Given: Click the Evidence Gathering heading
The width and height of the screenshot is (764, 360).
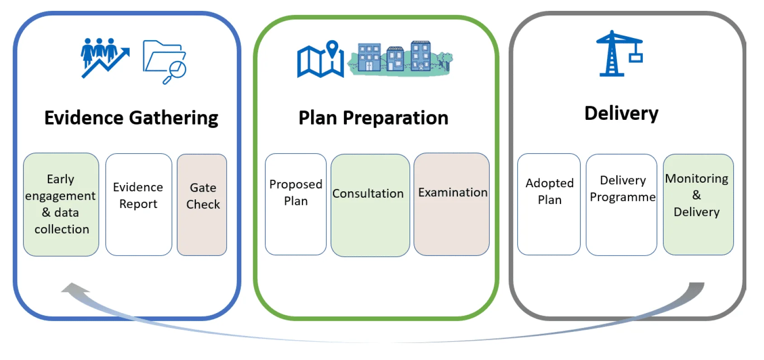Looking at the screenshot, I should (131, 118).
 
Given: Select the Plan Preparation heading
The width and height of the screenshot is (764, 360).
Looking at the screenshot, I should (373, 118).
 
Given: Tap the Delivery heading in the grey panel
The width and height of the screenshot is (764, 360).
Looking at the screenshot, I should (621, 113).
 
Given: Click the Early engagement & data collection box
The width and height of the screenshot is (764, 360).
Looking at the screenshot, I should (61, 204).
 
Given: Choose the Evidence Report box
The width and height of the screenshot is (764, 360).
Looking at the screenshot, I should (138, 204).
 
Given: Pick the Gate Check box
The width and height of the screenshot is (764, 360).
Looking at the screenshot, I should (202, 204).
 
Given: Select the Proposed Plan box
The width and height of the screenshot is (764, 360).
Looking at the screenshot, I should (296, 204).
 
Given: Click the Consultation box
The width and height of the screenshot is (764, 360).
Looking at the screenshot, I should (370, 204).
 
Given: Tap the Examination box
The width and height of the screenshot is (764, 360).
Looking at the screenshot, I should (452, 204).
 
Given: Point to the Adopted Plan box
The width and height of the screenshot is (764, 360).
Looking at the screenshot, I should (549, 204).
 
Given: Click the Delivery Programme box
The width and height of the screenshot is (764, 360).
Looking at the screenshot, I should (622, 204).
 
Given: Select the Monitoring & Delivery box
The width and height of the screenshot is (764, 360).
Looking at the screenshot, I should (698, 204).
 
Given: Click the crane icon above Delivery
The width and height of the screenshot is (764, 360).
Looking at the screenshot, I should (618, 53).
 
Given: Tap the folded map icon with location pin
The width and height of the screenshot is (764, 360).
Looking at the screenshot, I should (320, 60).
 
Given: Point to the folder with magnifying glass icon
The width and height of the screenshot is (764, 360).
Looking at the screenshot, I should (164, 62).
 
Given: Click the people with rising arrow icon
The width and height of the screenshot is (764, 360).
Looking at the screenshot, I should (104, 57).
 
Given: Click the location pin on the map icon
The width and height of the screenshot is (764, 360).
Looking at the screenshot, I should (332, 48).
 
